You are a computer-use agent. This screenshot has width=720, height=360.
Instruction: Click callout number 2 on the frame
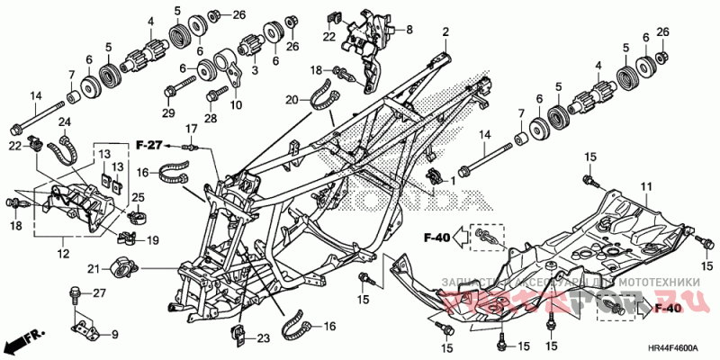coord(445,32)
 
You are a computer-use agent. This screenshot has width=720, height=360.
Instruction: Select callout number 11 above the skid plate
coord(644,186)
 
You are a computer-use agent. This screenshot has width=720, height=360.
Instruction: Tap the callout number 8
coord(409,30)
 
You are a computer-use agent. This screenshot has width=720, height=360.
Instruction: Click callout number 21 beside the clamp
coord(93,267)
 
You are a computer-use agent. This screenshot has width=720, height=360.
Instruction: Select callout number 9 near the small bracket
coord(113,335)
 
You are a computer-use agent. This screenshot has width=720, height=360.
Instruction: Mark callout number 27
coord(100,293)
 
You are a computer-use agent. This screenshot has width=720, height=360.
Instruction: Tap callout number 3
coord(254,70)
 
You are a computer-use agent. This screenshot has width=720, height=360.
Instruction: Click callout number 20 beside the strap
coord(291,99)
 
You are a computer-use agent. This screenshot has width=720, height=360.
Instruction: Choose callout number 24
coord(65,121)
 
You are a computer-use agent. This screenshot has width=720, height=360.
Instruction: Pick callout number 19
coord(152,240)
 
